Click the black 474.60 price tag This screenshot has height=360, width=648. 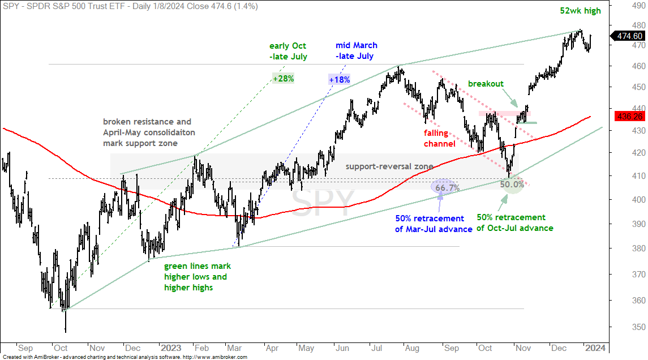click(628, 36)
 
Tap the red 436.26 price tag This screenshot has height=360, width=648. click(629, 117)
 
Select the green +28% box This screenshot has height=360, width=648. click(283, 79)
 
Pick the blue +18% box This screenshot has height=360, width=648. click(340, 80)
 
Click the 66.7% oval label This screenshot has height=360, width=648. click(445, 188)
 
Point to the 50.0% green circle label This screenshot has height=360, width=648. click(512, 185)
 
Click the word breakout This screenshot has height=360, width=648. click(486, 84)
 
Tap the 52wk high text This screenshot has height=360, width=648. click(580, 11)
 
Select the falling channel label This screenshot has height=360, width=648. click(439, 139)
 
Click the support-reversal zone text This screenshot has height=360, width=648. click(389, 166)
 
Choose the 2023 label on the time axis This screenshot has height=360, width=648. click(171, 348)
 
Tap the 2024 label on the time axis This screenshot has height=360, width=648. click(595, 348)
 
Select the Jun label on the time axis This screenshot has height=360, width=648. click(342, 349)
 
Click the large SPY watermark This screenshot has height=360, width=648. click(323, 202)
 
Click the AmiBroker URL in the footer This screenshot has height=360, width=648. click(215, 357)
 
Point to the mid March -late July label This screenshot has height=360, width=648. click(356, 51)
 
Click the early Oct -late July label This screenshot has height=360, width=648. click(288, 52)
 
